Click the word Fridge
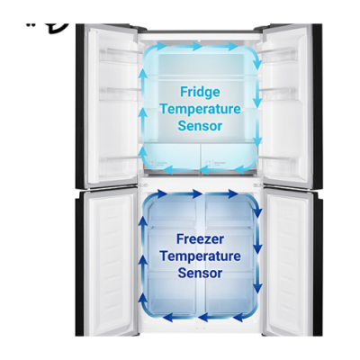click(200, 92)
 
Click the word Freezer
click(200, 239)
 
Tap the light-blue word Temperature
click(200, 109)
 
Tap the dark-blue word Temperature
click(200, 256)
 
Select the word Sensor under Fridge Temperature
click(200, 126)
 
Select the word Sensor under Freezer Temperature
click(200, 273)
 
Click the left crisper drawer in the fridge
click(171, 157)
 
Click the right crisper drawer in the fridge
click(229, 157)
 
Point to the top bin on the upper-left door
click(118, 56)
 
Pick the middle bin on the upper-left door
click(118, 94)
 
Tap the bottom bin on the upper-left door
click(118, 166)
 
